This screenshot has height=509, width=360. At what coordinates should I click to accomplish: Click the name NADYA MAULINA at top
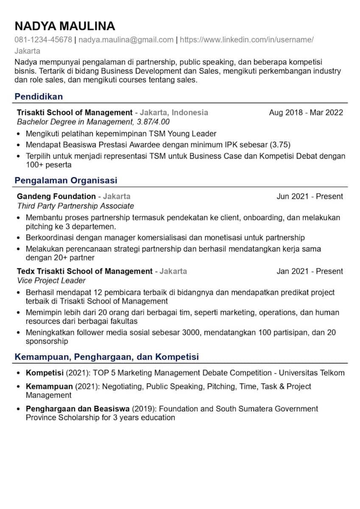64,26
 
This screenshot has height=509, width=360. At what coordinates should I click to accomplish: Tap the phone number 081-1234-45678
43,40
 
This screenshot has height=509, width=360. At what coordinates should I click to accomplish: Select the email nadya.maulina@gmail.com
126,40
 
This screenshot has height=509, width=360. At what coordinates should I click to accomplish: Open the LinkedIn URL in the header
247,40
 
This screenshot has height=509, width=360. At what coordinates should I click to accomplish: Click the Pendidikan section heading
39,97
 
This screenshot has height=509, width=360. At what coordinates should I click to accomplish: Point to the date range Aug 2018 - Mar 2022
306,112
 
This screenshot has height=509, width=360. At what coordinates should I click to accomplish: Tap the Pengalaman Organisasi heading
66,181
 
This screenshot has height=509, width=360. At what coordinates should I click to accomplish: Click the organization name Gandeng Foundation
56,196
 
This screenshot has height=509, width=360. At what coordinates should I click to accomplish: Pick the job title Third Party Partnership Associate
75,206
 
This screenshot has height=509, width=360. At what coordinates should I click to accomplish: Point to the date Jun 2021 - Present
310,196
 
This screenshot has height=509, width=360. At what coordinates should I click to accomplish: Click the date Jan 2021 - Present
310,271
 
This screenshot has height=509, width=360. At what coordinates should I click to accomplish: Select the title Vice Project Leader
51,280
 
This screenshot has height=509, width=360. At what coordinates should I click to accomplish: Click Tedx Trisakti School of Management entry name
84,271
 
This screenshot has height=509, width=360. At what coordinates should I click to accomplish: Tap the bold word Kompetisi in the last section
45,373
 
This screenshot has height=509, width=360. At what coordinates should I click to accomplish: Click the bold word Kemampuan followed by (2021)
49,386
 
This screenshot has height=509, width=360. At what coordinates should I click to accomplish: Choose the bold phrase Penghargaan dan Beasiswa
78,409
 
